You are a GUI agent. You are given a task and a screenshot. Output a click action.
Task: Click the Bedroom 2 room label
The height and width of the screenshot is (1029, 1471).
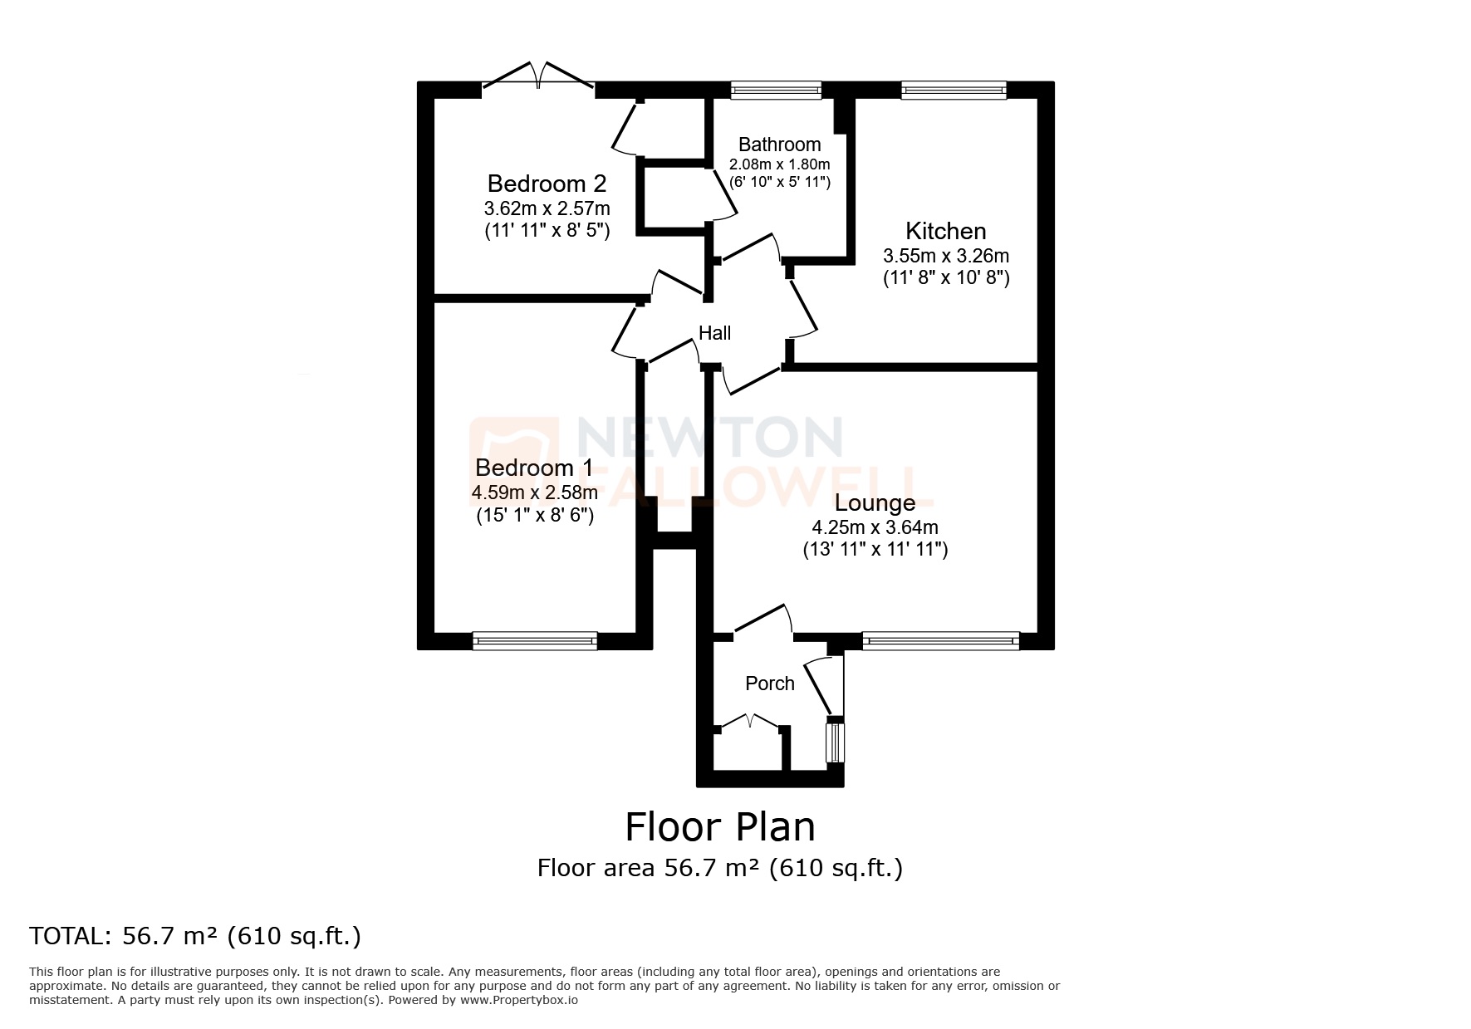547,183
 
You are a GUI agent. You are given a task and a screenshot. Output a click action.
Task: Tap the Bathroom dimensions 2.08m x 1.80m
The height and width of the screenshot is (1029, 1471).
779,164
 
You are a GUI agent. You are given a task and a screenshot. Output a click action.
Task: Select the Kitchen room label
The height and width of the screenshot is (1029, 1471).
945,231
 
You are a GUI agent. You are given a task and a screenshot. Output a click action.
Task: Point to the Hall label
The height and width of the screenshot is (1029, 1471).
714,333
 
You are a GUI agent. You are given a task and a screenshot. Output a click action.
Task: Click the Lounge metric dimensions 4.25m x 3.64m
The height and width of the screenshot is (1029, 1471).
875,527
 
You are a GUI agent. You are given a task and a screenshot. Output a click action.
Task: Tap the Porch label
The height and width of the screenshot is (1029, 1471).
769,684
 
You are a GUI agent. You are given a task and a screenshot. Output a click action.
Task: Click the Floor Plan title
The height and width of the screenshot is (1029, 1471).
719,827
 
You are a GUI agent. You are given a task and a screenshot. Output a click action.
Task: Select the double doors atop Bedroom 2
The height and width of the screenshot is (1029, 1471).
538,76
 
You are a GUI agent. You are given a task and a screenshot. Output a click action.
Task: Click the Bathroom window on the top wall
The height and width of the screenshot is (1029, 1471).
776,90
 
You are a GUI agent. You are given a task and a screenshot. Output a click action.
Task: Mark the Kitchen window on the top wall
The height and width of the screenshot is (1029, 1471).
954,90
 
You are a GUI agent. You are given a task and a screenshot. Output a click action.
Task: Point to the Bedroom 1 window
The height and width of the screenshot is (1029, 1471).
534,639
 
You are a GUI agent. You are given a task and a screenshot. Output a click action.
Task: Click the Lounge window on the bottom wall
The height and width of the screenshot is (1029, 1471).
940,639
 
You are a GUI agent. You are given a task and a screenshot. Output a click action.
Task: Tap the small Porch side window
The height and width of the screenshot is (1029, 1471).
834,742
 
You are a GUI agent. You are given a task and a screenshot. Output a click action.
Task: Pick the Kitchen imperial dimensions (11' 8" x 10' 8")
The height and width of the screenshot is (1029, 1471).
945,277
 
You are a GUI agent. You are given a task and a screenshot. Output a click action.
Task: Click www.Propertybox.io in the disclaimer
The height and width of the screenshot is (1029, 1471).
518,1000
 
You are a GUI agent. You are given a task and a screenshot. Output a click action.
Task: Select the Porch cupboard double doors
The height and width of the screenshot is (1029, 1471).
750,723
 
